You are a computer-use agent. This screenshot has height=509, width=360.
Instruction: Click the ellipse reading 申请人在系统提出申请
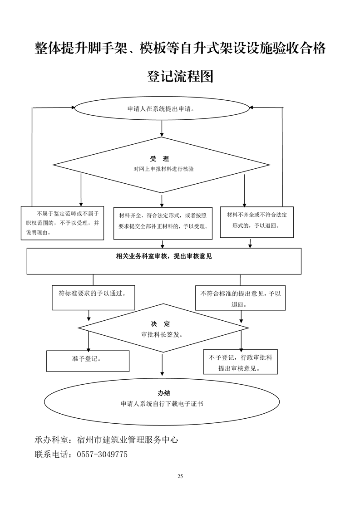point(162,109)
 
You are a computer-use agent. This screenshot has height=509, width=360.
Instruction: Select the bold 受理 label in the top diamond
point(159,159)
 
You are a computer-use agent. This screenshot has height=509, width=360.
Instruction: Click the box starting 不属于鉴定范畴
point(63,222)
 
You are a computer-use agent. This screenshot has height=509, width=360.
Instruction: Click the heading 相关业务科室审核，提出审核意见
point(164,256)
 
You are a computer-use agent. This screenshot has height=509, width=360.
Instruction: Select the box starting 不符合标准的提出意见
point(241,299)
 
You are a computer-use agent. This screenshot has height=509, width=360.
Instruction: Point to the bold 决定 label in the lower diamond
point(161,324)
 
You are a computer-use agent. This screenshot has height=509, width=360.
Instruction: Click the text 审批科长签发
point(162,334)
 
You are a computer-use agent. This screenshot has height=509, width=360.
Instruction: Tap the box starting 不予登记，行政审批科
point(240,362)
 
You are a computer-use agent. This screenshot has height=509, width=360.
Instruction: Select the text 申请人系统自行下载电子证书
point(162,403)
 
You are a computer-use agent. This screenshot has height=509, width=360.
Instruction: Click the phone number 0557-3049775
point(102,454)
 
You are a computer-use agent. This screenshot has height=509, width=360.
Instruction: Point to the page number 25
point(180,476)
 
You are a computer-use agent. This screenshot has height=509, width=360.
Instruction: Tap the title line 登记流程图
point(180,76)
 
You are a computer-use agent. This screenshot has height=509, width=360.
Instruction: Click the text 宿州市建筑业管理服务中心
point(128,440)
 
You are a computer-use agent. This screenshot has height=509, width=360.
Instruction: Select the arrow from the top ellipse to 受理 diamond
point(162,130)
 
